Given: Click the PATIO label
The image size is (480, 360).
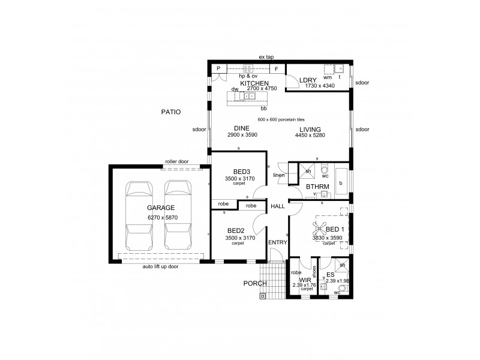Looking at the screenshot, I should coord(171,112).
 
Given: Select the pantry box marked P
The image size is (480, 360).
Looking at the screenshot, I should coord(218,69).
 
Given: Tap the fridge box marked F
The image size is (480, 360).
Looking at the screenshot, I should coord(277,69).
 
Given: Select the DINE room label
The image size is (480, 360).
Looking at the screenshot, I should coord(242,128).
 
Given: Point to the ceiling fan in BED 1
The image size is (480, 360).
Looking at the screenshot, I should coord(317,228).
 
